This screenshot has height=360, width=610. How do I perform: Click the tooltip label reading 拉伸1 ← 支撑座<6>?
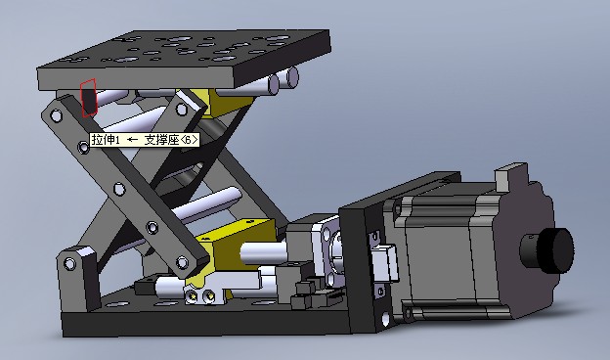[x=145, y=140]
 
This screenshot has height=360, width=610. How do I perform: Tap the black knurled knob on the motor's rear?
[x=547, y=250]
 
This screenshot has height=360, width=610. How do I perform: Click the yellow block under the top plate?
[x=230, y=101]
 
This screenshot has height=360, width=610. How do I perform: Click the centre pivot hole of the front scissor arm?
[x=119, y=189]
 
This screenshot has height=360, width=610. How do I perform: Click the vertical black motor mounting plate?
[x=360, y=269]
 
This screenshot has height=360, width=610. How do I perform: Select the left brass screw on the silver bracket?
[x=193, y=296]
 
